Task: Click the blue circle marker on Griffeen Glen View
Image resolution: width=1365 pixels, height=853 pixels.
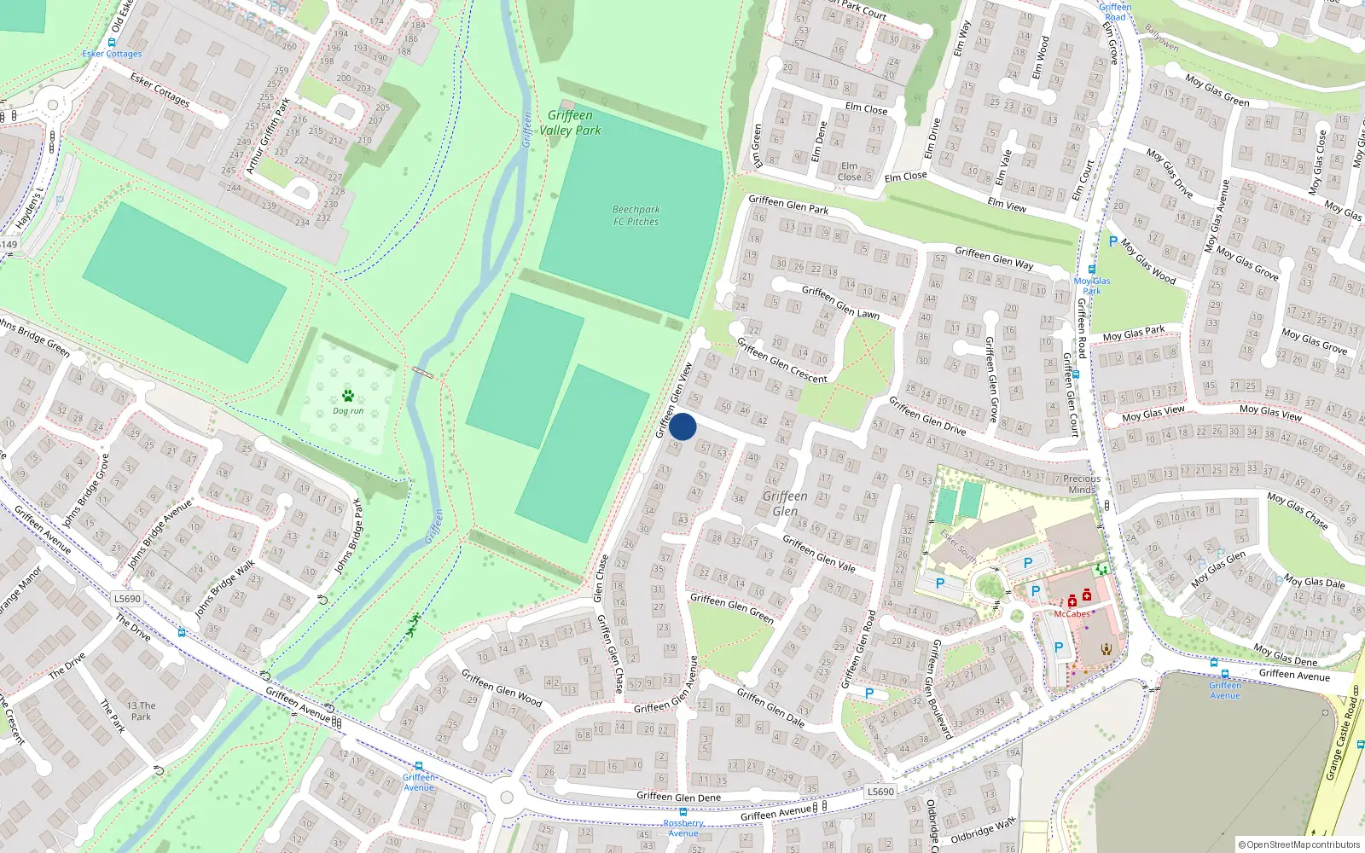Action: [682, 426]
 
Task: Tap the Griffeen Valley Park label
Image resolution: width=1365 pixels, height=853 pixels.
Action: [570, 123]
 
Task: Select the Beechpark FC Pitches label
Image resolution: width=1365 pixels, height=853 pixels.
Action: [636, 215]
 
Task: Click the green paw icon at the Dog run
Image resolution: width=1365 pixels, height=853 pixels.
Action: [348, 396]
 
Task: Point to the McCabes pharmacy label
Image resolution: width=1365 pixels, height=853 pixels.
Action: [1072, 614]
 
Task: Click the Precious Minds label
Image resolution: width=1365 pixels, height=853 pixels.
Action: [1082, 484]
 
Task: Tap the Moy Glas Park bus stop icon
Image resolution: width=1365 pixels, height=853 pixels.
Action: [1091, 269]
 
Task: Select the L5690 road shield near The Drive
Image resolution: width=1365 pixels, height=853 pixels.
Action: [127, 599]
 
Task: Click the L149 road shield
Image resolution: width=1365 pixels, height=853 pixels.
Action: [8, 245]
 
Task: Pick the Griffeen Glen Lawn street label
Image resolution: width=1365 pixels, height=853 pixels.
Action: [840, 302]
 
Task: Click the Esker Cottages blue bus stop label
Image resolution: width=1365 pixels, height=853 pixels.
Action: [112, 54]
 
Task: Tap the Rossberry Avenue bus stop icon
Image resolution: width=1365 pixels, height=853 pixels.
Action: [682, 813]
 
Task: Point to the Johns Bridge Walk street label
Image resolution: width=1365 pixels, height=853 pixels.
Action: [224, 589]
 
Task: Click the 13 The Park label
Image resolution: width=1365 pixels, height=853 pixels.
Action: [141, 711]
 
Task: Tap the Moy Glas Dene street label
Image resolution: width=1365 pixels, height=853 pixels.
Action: [1285, 655]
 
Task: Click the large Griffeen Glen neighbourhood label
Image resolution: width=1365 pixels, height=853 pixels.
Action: [785, 503]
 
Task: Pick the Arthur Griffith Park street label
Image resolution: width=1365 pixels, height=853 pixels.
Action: [268, 136]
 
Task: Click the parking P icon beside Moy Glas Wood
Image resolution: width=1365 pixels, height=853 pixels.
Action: [1112, 241]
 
